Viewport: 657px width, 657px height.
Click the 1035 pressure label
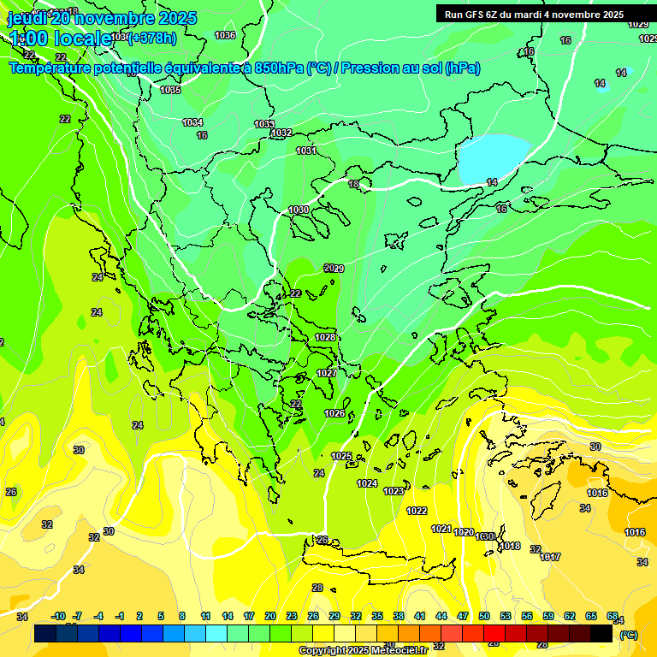(x=170, y=90)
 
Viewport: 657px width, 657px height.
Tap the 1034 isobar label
(x=192, y=122)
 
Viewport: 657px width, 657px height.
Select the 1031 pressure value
(x=306, y=151)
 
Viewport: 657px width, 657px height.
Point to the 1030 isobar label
(x=299, y=210)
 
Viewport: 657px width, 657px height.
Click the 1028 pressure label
(x=325, y=337)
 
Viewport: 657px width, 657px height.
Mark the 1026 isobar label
(x=334, y=414)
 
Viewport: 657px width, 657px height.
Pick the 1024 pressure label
(x=367, y=483)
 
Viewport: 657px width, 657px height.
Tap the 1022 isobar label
(x=417, y=511)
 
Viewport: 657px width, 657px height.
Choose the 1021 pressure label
(x=441, y=529)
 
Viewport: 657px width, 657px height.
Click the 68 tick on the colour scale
(x=613, y=616)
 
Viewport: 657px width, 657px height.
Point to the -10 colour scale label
(x=59, y=616)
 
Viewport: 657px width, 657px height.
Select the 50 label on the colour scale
(x=484, y=616)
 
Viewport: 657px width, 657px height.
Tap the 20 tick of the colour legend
(x=269, y=616)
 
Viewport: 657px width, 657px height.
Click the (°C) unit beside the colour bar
(x=629, y=635)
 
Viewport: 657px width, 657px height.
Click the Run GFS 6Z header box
(x=533, y=15)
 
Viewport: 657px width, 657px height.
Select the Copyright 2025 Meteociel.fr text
(x=363, y=650)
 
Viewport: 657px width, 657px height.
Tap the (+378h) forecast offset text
(x=152, y=38)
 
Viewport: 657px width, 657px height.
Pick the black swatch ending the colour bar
(x=601, y=634)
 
